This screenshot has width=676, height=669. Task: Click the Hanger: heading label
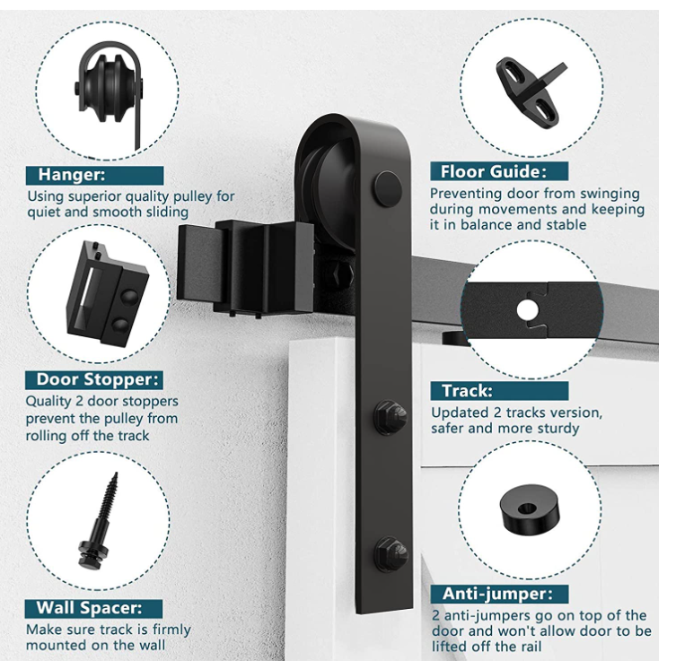pyautogui.click(x=72, y=175)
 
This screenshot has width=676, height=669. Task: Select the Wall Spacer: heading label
pyautogui.click(x=89, y=608)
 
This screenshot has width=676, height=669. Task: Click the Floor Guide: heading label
pyautogui.click(x=494, y=172)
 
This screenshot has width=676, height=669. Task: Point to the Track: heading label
pyautogui.click(x=468, y=391)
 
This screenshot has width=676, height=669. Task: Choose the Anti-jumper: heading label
pyautogui.click(x=497, y=594)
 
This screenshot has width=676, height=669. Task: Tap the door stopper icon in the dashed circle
pyautogui.click(x=108, y=294)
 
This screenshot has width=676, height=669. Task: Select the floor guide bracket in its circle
pyautogui.click(x=531, y=91)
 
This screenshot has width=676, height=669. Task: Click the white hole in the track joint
pyautogui.click(x=527, y=309)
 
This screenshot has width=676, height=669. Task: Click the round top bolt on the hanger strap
pyautogui.click(x=388, y=188)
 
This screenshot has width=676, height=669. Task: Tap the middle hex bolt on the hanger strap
pyautogui.click(x=391, y=417)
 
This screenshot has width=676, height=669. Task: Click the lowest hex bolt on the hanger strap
pyautogui.click(x=391, y=553)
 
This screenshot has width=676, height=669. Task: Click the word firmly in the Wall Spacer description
pyautogui.click(x=171, y=630)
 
